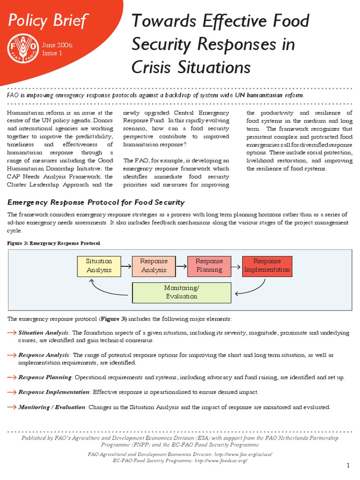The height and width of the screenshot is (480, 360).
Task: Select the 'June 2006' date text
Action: pos(57,45)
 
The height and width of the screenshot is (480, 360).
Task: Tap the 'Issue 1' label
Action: pos(52,53)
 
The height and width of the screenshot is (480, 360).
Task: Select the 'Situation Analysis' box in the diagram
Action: pos(99,266)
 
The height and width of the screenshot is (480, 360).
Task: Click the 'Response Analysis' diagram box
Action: pos(154,266)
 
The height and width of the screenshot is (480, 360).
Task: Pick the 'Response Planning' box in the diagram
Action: pos(209,266)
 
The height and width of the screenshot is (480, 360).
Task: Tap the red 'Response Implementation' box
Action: pos(267,266)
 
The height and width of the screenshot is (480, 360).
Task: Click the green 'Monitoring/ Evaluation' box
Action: pos(181,292)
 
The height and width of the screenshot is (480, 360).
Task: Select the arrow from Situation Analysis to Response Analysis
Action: pos(126,266)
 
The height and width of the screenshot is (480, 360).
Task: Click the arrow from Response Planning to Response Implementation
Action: pos(236,266)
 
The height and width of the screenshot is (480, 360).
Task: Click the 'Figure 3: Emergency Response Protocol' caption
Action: pos(54,243)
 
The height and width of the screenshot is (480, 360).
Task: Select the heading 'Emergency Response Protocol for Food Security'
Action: pos(96,202)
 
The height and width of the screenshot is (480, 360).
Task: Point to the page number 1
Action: pos(348,465)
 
